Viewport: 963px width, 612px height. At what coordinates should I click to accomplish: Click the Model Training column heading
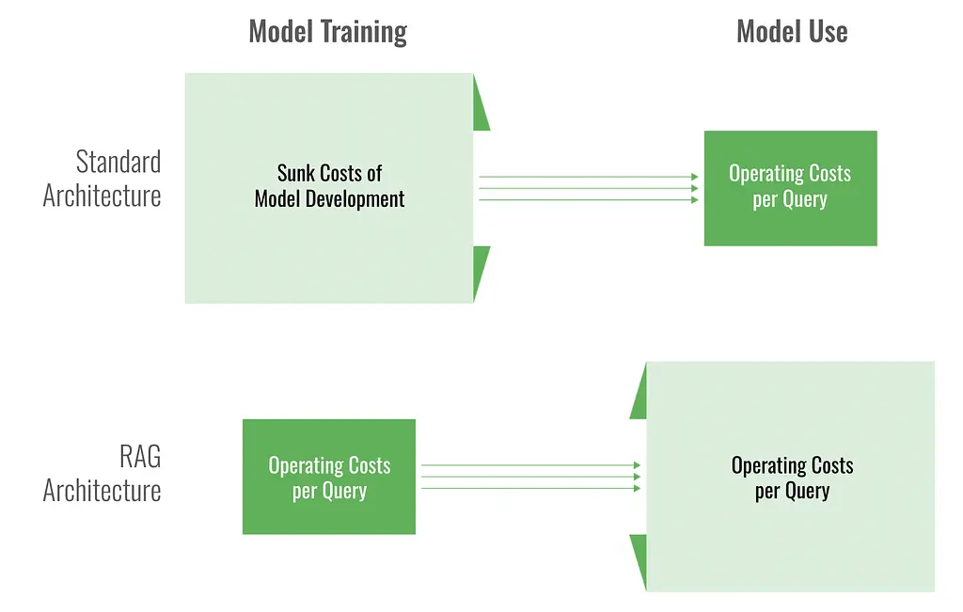pos(328,33)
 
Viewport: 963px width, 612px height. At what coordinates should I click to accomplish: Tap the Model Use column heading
pos(792,31)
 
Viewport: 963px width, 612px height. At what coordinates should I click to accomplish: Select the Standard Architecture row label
pos(102,179)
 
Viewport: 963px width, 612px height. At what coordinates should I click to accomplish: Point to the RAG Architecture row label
pos(102,473)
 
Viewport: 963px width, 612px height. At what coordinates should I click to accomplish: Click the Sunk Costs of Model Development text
pos(329,186)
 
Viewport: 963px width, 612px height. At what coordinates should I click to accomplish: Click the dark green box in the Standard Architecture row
pos(790,188)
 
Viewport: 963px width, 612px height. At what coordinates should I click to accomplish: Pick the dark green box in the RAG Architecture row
pos(329,477)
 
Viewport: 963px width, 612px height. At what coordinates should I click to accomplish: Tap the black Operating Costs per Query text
pos(792,479)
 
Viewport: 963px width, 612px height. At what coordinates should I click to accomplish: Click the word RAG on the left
pos(140,457)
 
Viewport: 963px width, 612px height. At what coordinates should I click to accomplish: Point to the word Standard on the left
pos(118,162)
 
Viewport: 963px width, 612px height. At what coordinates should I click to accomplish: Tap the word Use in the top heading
pos(828,31)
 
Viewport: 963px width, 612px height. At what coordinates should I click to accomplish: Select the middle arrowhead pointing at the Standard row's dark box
pos(695,188)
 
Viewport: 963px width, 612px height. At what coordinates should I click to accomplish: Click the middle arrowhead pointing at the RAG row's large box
pos(638,477)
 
